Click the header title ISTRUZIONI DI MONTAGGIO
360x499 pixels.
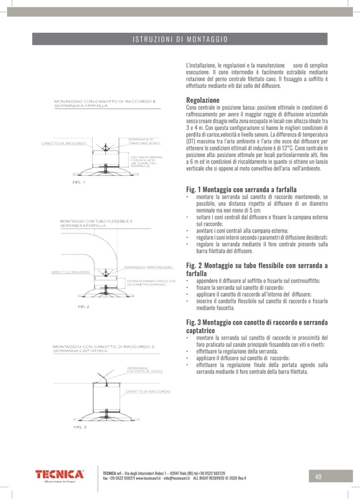click(180, 39)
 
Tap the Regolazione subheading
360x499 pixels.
click(202, 100)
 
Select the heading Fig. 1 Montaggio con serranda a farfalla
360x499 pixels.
click(241, 189)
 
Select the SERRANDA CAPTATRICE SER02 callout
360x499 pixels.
click(145, 370)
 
